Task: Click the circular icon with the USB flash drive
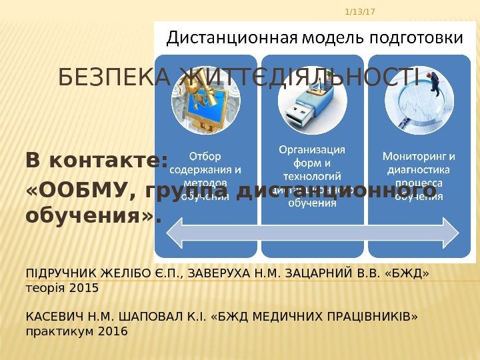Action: tap(312, 104)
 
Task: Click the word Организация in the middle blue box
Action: tap(312, 149)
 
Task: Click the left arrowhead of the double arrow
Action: tap(175, 231)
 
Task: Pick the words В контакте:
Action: tap(97, 161)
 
